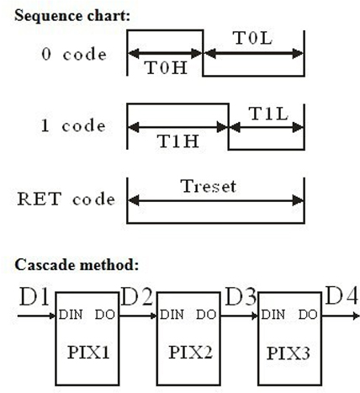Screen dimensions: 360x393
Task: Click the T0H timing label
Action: tap(166, 67)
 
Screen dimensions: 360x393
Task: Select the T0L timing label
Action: tap(252, 38)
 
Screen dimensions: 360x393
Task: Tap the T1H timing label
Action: tap(178, 141)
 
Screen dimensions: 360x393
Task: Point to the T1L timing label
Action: tap(268, 114)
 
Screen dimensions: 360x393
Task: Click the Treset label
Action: tap(209, 186)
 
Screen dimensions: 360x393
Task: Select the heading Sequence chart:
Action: tap(72, 15)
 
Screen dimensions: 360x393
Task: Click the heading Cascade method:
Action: tap(77, 265)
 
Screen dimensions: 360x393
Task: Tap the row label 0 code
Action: tap(74, 54)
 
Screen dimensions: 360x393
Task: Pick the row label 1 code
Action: tap(73, 125)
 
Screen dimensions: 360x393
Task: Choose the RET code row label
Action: tap(66, 199)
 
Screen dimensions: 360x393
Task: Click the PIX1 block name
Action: tap(88, 353)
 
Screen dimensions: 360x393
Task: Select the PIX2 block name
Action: tap(190, 353)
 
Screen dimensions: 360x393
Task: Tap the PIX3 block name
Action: tap(289, 353)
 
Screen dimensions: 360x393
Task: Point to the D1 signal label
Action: tap(34, 296)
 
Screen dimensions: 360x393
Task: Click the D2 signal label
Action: tap(137, 296)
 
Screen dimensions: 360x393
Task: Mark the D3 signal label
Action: tap(241, 296)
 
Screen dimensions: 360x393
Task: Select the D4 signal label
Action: tap(341, 295)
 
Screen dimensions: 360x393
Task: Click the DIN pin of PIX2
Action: tap(172, 315)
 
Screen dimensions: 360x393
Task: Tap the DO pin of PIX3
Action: tap(308, 315)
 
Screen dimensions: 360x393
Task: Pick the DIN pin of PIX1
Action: tap(71, 315)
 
